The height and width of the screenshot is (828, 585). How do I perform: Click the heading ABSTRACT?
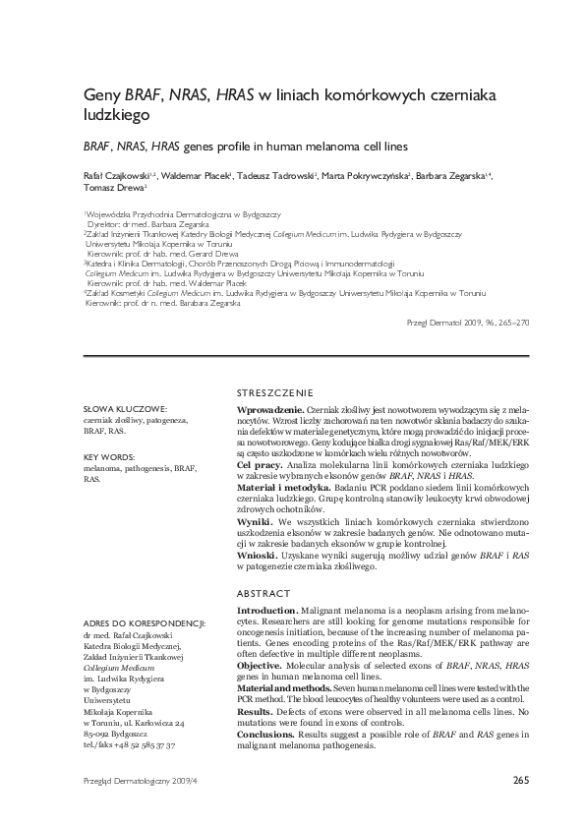(264, 594)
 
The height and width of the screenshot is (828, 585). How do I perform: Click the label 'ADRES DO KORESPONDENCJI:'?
(144, 622)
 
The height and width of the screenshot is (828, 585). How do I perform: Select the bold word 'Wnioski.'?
(258, 556)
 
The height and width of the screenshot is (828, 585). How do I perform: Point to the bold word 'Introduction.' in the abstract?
(267, 612)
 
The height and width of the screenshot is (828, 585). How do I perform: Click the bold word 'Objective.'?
(261, 665)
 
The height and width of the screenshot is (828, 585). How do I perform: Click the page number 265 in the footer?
(521, 781)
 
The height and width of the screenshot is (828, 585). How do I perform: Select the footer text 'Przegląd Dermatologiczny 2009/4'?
(141, 781)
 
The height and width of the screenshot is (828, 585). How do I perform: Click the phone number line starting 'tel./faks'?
(129, 745)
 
